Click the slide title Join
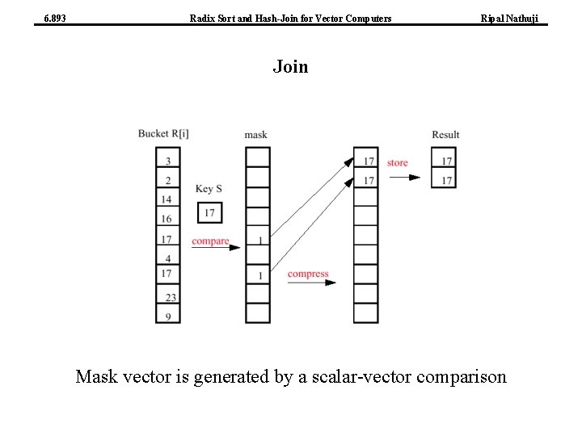pos(290,66)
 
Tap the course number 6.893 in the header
pos(55,17)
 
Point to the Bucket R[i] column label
pos(163,133)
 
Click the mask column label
pos(255,134)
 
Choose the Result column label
pos(445,134)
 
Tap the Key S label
pos(209,189)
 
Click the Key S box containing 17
pos(209,213)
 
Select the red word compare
pos(210,241)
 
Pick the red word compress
pos(308,274)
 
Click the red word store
pos(397,163)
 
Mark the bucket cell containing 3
pos(167,161)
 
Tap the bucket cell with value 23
pos(167,297)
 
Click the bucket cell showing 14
pos(167,199)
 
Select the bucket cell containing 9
pos(167,317)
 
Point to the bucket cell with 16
pos(167,219)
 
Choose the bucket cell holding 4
pos(167,258)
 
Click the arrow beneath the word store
pos(403,177)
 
